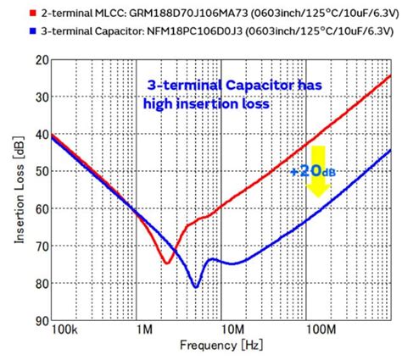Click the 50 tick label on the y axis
point(41,171)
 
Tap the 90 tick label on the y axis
point(41,320)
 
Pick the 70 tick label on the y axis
point(41,246)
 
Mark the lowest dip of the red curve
point(167,263)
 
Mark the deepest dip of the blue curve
point(196,286)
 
